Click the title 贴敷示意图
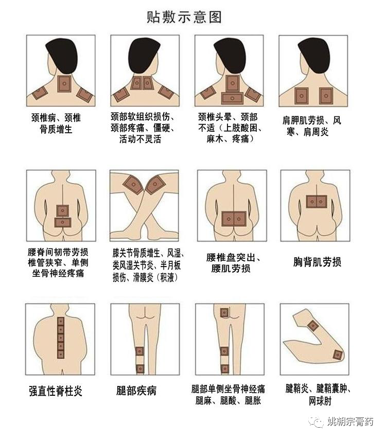(x=184, y=17)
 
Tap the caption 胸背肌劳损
(x=317, y=262)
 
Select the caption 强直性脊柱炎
(x=56, y=391)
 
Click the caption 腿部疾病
(x=136, y=391)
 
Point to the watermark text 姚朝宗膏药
(x=350, y=422)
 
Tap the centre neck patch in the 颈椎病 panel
(x=64, y=83)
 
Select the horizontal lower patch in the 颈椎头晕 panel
(x=232, y=98)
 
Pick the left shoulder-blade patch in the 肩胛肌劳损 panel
(x=302, y=96)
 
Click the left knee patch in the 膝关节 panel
(x=133, y=185)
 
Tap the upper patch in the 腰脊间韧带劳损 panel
(x=62, y=210)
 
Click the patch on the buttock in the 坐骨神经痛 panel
(x=224, y=312)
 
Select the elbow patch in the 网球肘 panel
(x=338, y=355)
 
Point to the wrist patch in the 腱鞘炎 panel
(x=313, y=326)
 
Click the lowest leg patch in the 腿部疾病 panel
(x=140, y=368)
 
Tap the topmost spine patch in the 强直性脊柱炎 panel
(x=61, y=321)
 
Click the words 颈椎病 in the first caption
(x=44, y=117)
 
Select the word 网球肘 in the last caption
(x=320, y=401)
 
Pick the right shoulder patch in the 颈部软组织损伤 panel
(x=166, y=93)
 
